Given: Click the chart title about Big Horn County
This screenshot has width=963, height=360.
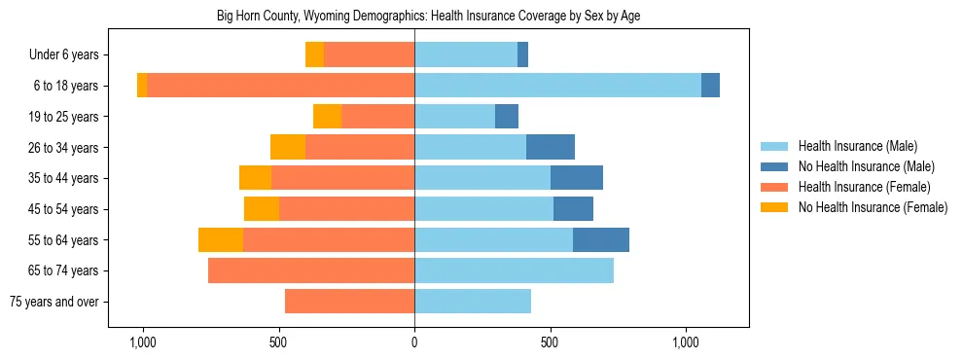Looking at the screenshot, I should click(x=428, y=17).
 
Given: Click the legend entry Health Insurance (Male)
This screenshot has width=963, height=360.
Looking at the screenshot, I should click(x=857, y=146).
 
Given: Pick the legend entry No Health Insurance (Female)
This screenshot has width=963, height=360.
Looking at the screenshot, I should click(x=873, y=207).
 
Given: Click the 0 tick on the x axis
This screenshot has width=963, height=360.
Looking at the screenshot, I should click(x=414, y=342).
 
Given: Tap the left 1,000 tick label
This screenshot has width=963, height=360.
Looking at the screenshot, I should click(x=143, y=342).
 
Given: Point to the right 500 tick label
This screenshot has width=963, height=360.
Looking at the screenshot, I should click(x=550, y=342).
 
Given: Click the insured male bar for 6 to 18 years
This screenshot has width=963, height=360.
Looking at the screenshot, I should click(x=557, y=86).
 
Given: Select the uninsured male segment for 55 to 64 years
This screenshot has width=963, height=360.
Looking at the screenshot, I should click(x=601, y=239).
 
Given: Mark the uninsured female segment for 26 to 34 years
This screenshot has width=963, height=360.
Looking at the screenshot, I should click(x=288, y=147).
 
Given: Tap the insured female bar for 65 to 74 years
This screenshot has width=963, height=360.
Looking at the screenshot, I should click(x=311, y=270).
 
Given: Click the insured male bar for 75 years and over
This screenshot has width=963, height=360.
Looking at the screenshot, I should click(x=473, y=302).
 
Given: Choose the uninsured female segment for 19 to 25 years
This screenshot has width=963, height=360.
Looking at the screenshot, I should click(x=327, y=117).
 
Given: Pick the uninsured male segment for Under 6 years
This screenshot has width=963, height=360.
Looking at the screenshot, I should click(x=522, y=54).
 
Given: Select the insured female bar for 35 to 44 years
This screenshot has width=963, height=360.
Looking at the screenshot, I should click(x=342, y=178).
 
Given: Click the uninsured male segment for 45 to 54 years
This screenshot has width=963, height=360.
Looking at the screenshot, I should click(x=573, y=209).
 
